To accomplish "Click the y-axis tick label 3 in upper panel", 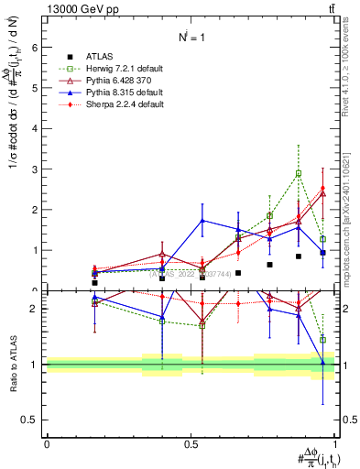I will [x=34, y=169].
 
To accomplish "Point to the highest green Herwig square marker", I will [x=299, y=173].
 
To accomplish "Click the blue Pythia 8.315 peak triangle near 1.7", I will [x=202, y=220].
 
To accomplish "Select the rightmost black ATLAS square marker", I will [x=322, y=252].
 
